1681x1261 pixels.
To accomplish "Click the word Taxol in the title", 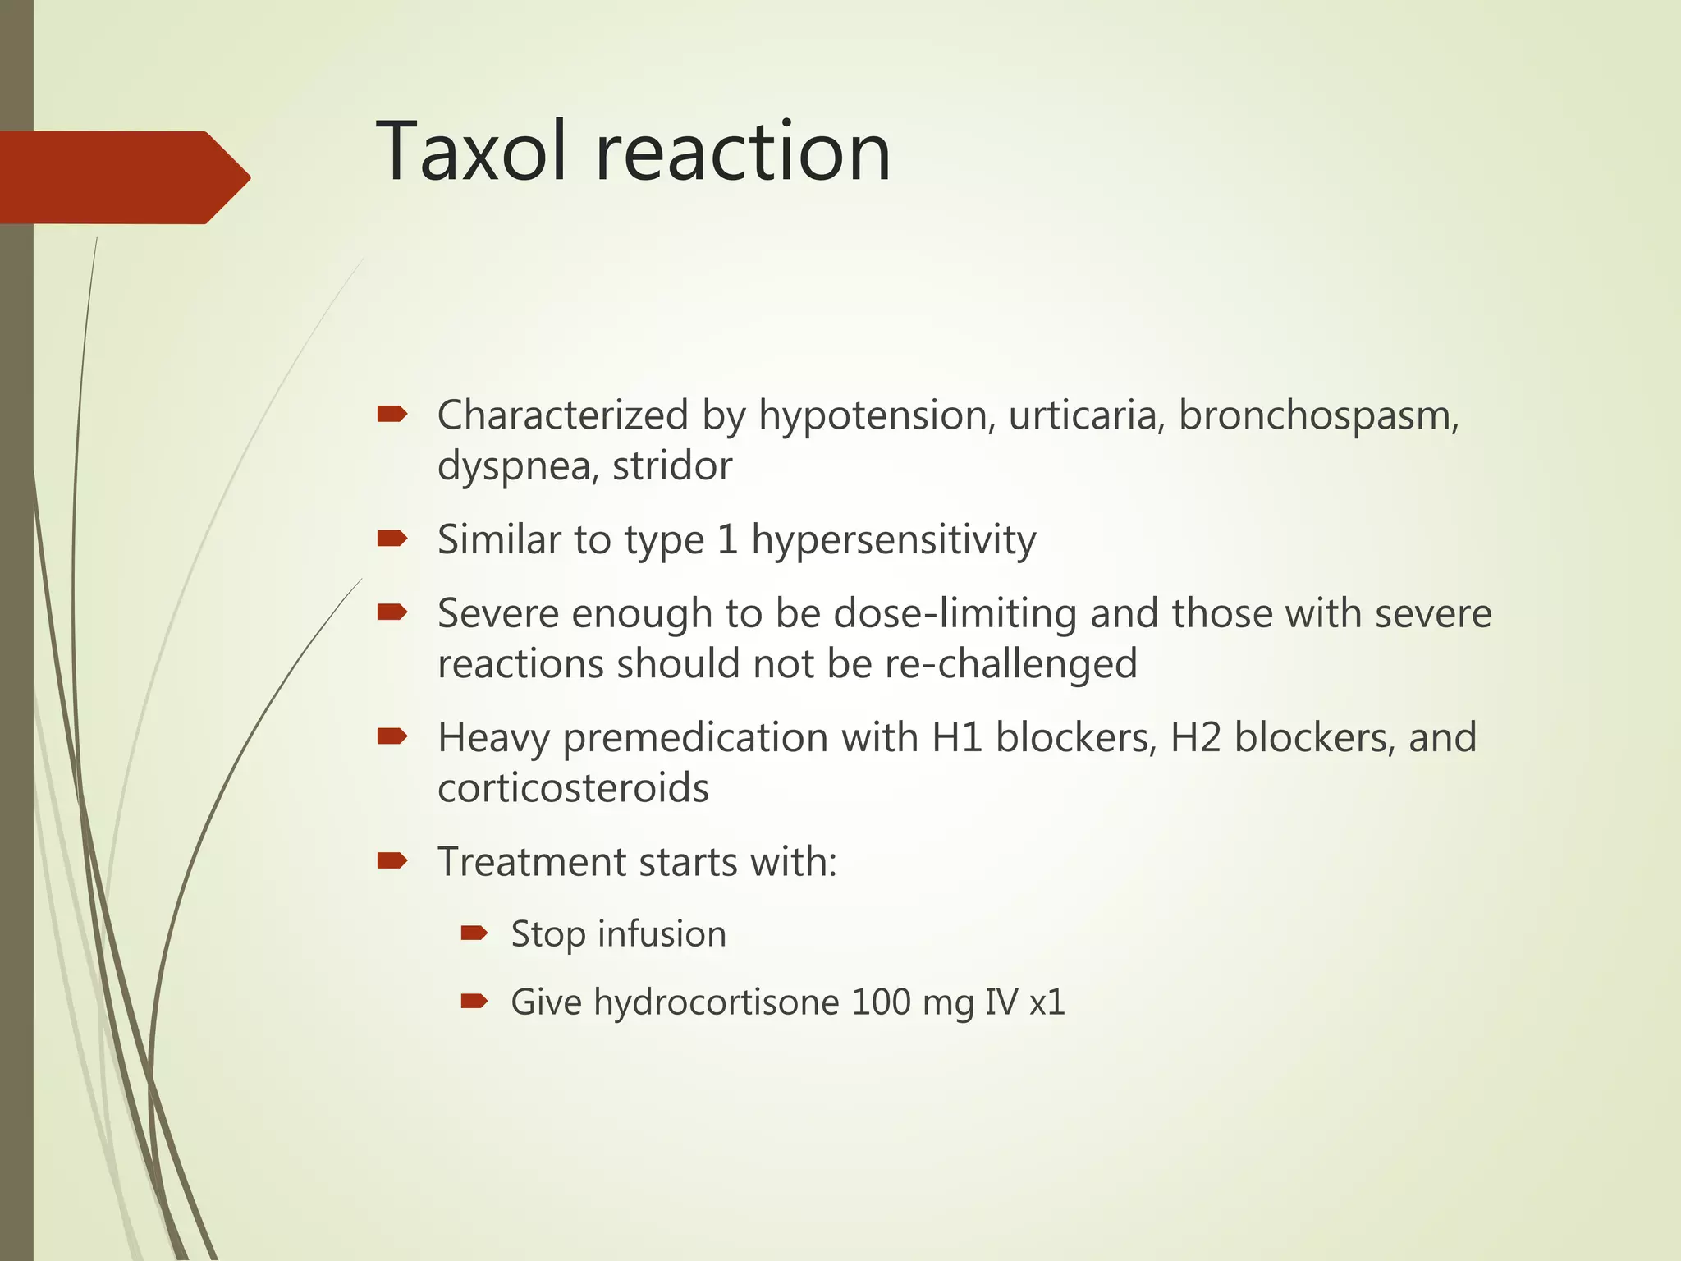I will tap(471, 152).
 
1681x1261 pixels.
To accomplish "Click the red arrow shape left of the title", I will tap(123, 177).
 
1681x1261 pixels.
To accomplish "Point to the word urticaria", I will tap(1086, 415).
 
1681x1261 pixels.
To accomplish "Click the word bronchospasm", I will tap(1318, 416).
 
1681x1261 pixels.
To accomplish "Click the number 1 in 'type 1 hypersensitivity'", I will tap(727, 540).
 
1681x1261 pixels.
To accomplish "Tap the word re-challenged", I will tap(1010, 664).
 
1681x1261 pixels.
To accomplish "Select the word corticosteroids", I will tap(573, 788).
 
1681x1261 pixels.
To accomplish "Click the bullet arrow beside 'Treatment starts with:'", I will tap(392, 860).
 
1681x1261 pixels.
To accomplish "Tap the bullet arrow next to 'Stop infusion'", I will tap(474, 933).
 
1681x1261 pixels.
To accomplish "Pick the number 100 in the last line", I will tap(881, 1002).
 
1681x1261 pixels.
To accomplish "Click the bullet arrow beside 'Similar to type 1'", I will tap(392, 539).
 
